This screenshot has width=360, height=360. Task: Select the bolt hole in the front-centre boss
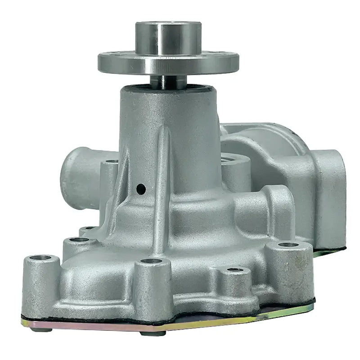coord(148,261)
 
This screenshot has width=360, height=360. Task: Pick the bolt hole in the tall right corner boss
coord(288,245)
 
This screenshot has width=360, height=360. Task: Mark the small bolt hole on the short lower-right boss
coord(234,270)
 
